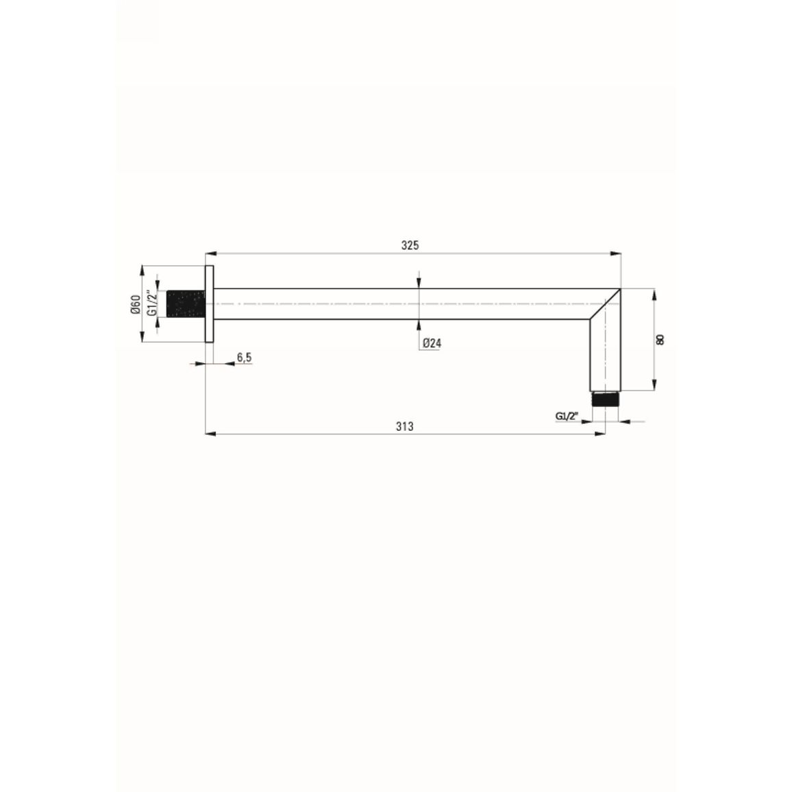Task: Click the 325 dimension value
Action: click(x=410, y=245)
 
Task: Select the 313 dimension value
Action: click(x=405, y=427)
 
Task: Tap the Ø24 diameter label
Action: click(x=432, y=343)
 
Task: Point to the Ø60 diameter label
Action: click(x=136, y=305)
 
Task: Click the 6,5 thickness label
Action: click(x=244, y=358)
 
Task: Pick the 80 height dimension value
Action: click(x=660, y=339)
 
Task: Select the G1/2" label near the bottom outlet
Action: click(x=566, y=416)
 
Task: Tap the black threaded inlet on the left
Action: click(x=186, y=304)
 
